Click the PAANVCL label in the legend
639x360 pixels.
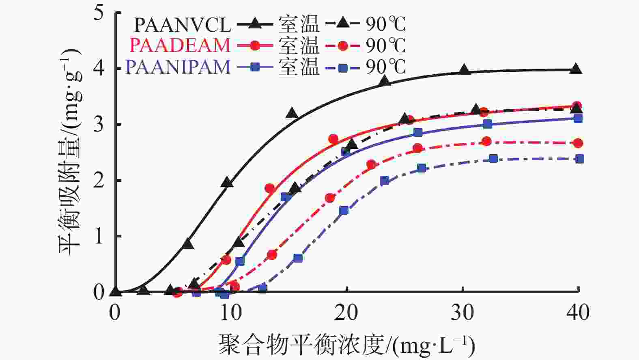(x=183, y=25)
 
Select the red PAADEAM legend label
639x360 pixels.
(x=180, y=45)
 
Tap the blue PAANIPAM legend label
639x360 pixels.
(x=178, y=67)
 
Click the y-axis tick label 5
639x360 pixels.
(x=99, y=12)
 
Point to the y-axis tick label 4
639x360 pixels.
(x=99, y=68)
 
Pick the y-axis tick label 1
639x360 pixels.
(x=99, y=236)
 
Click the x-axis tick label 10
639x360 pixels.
(x=231, y=313)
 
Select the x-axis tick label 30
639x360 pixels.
(x=463, y=313)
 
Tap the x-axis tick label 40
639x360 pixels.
(x=578, y=313)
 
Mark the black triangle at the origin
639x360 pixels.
(x=116, y=291)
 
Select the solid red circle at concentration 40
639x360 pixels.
(x=577, y=106)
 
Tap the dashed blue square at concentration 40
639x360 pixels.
(x=580, y=159)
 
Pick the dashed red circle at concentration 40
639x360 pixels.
(x=579, y=143)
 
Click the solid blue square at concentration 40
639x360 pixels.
(x=578, y=118)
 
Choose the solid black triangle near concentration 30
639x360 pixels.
(x=465, y=70)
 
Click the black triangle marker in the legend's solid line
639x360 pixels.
(x=255, y=24)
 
